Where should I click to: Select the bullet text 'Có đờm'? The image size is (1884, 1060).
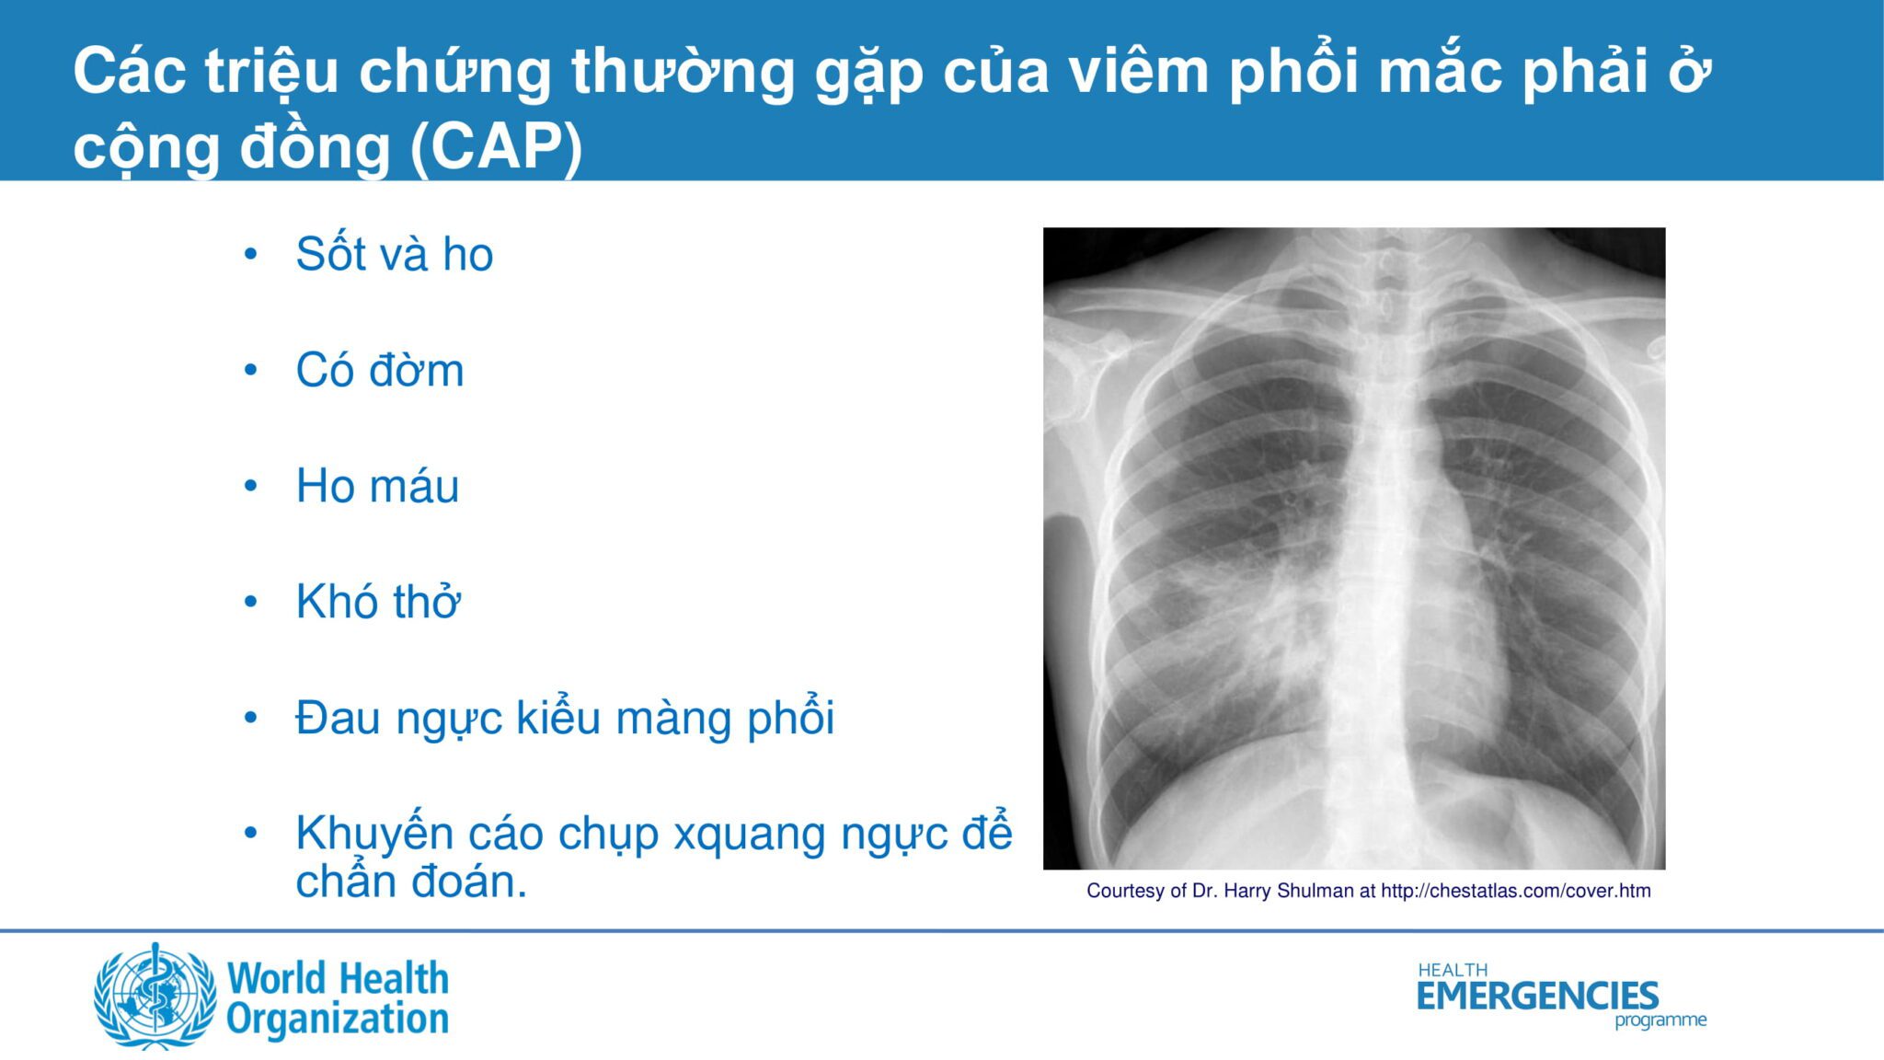[x=379, y=370]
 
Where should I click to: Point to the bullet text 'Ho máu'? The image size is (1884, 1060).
[x=377, y=486]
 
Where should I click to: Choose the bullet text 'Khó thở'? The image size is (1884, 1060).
[x=377, y=602]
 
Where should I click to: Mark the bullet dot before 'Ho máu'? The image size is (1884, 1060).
[x=250, y=486]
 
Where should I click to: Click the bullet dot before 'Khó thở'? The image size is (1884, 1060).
[x=250, y=602]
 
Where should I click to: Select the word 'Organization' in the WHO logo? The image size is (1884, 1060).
[x=338, y=1020]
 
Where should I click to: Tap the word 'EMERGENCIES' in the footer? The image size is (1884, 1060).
[x=1537, y=996]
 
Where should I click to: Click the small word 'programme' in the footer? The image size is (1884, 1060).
[x=1660, y=1020]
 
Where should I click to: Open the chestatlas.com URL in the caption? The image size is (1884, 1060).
[x=1516, y=891]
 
